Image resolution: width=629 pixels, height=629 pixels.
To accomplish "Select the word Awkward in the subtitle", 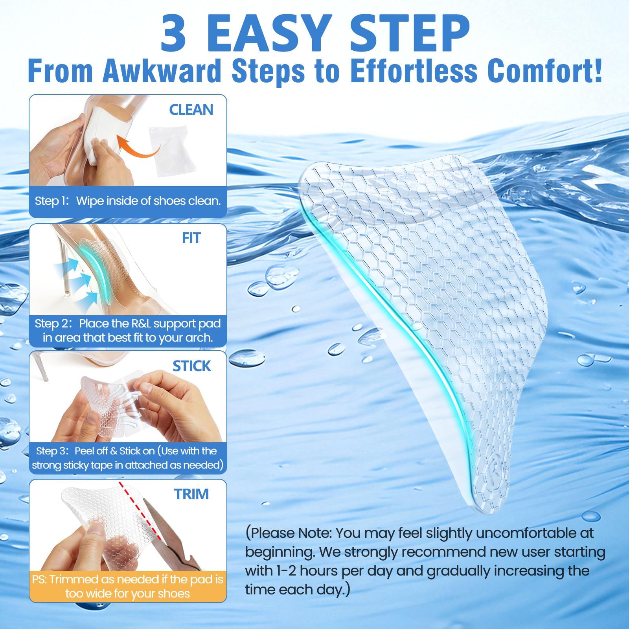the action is [162, 71].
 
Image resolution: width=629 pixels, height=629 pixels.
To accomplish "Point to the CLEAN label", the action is [191, 110].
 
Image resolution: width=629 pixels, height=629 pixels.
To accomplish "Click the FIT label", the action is [191, 238].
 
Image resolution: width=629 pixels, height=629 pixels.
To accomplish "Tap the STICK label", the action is [192, 366].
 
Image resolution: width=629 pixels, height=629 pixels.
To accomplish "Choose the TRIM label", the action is [191, 494].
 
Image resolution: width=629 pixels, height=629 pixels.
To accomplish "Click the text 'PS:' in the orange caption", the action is [39, 579].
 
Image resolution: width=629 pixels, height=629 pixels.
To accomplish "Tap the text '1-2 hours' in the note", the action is [300, 571].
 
